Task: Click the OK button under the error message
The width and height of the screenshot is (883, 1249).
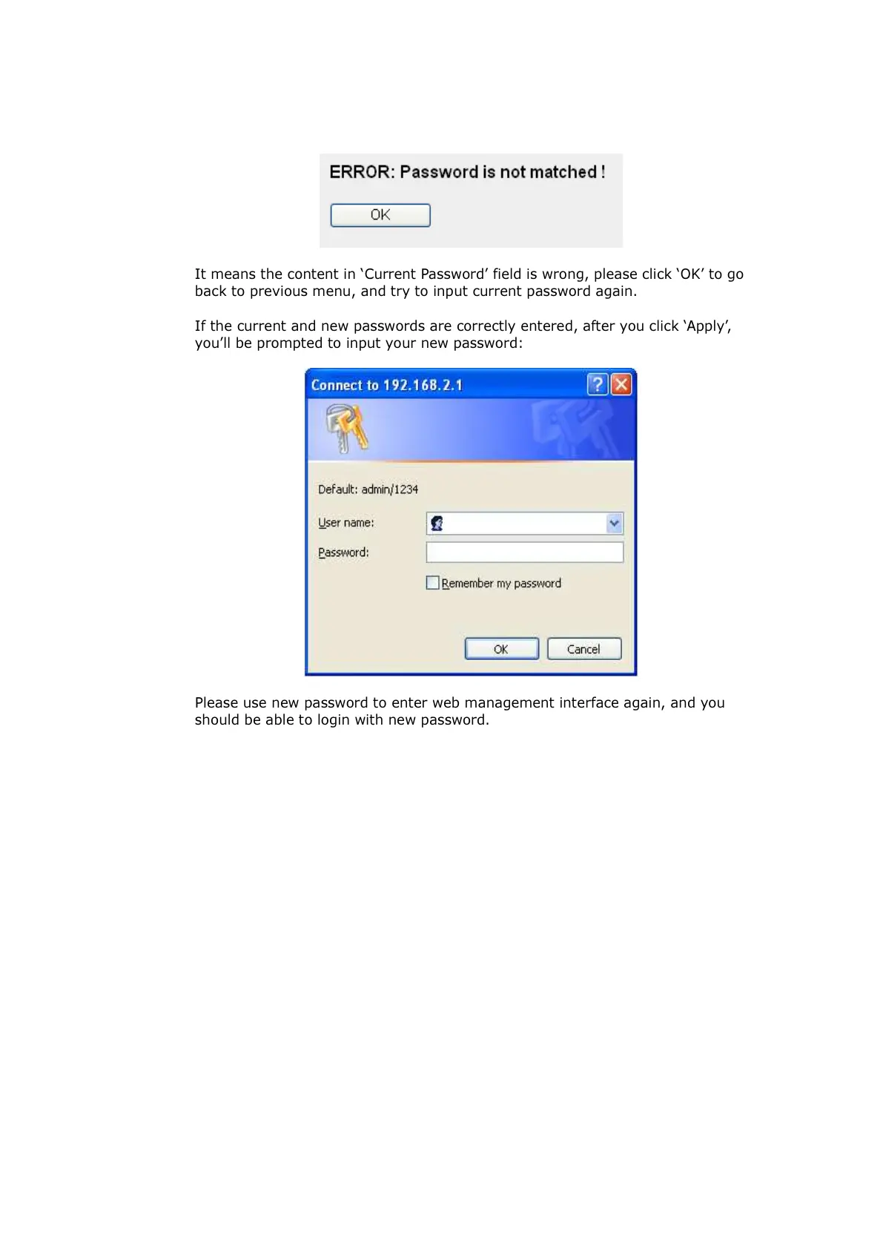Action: click(x=380, y=215)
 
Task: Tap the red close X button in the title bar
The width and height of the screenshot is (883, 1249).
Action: click(x=621, y=384)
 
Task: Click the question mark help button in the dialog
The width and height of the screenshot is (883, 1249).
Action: click(x=598, y=384)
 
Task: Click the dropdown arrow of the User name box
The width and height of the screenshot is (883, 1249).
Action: click(x=614, y=524)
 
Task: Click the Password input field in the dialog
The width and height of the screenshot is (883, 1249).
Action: click(x=524, y=553)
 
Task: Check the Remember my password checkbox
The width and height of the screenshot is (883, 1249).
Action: click(x=433, y=583)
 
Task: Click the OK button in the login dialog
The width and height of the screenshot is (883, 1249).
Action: click(x=501, y=649)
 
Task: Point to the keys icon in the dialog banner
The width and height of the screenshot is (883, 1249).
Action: click(x=346, y=427)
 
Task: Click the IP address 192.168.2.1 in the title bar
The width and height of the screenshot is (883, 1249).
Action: click(x=423, y=385)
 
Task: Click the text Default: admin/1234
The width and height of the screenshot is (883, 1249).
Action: click(x=368, y=490)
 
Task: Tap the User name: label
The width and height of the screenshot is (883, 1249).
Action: click(x=345, y=523)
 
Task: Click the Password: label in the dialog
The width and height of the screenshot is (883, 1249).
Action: click(x=343, y=553)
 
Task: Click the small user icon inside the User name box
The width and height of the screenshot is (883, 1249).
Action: click(x=437, y=524)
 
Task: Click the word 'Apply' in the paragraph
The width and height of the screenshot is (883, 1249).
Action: click(x=707, y=326)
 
